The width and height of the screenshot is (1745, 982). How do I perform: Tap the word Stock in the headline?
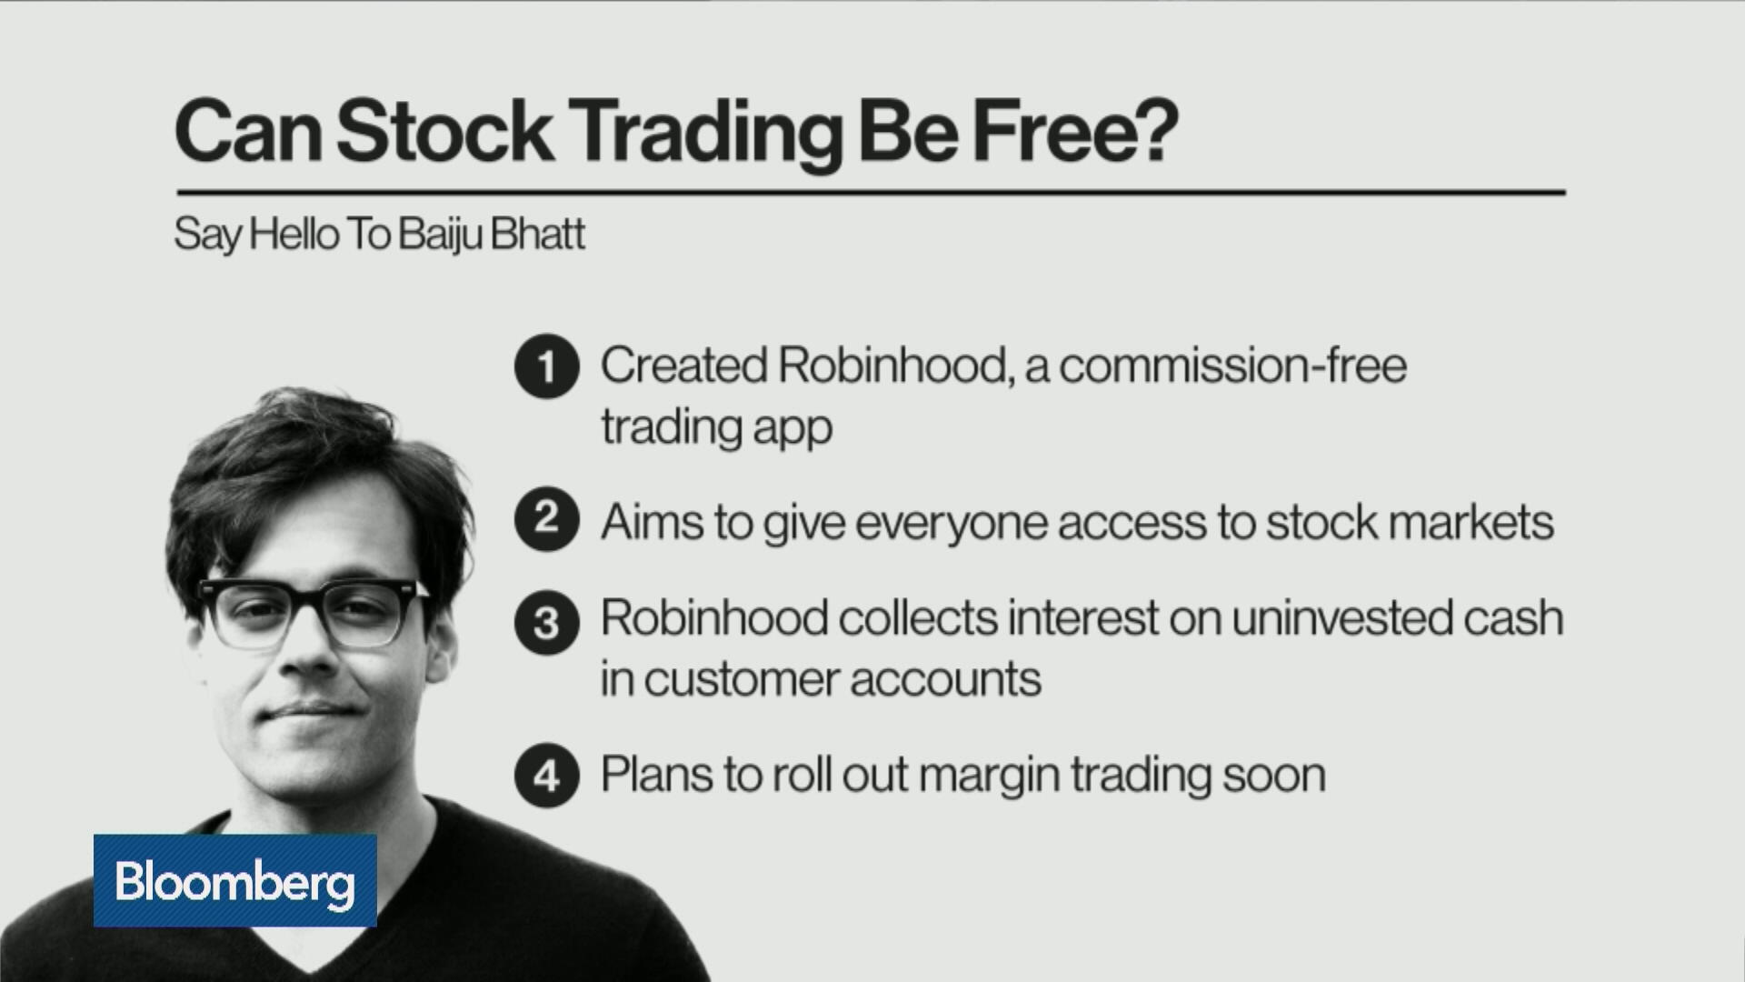pos(444,133)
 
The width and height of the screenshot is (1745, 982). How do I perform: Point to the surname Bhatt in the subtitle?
pos(537,235)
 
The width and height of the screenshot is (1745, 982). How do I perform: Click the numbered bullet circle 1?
pos(546,367)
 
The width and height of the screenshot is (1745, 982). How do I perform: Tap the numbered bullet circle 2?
pos(546,519)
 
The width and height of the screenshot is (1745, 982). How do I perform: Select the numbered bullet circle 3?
pos(546,623)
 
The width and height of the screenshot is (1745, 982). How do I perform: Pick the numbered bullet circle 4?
pos(546,776)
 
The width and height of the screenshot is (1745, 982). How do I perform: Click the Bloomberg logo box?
pos(234,880)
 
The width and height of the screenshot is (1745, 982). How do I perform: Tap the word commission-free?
pos(1232,366)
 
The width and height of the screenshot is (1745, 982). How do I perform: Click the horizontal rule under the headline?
pos(871,193)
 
